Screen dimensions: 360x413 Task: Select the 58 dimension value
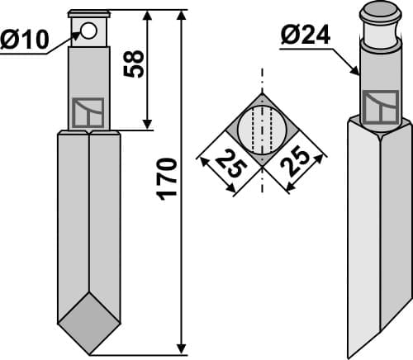[x=135, y=63]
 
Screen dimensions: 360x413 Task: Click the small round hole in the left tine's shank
[x=89, y=31]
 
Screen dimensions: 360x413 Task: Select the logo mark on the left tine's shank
[x=88, y=112]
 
